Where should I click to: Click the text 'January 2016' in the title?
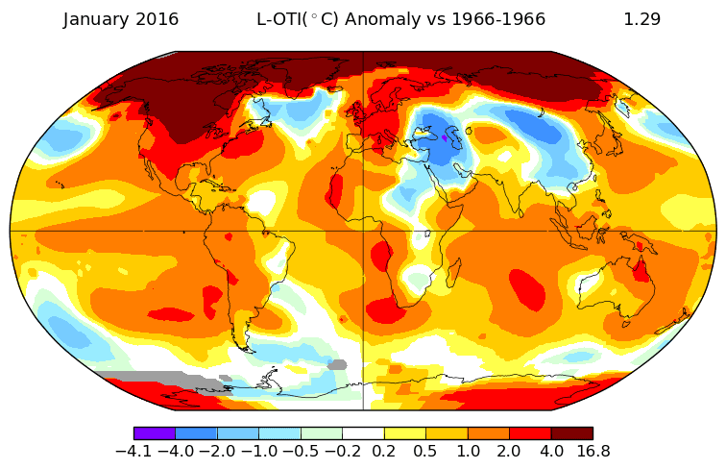[121, 19]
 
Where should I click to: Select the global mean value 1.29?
[641, 19]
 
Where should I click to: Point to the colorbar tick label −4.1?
[133, 451]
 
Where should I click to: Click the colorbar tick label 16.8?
[593, 451]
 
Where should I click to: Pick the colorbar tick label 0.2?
[384, 451]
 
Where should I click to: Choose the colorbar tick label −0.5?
[301, 451]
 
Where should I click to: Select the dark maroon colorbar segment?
[571, 433]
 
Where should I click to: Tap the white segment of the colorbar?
[363, 433]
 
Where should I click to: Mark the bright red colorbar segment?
[530, 433]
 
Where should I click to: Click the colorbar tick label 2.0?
[509, 451]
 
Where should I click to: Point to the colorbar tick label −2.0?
[217, 451]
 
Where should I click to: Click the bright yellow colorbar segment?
[404, 433]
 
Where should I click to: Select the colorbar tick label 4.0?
[551, 451]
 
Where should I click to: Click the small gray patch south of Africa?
[336, 364]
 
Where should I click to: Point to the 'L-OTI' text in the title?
[278, 19]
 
